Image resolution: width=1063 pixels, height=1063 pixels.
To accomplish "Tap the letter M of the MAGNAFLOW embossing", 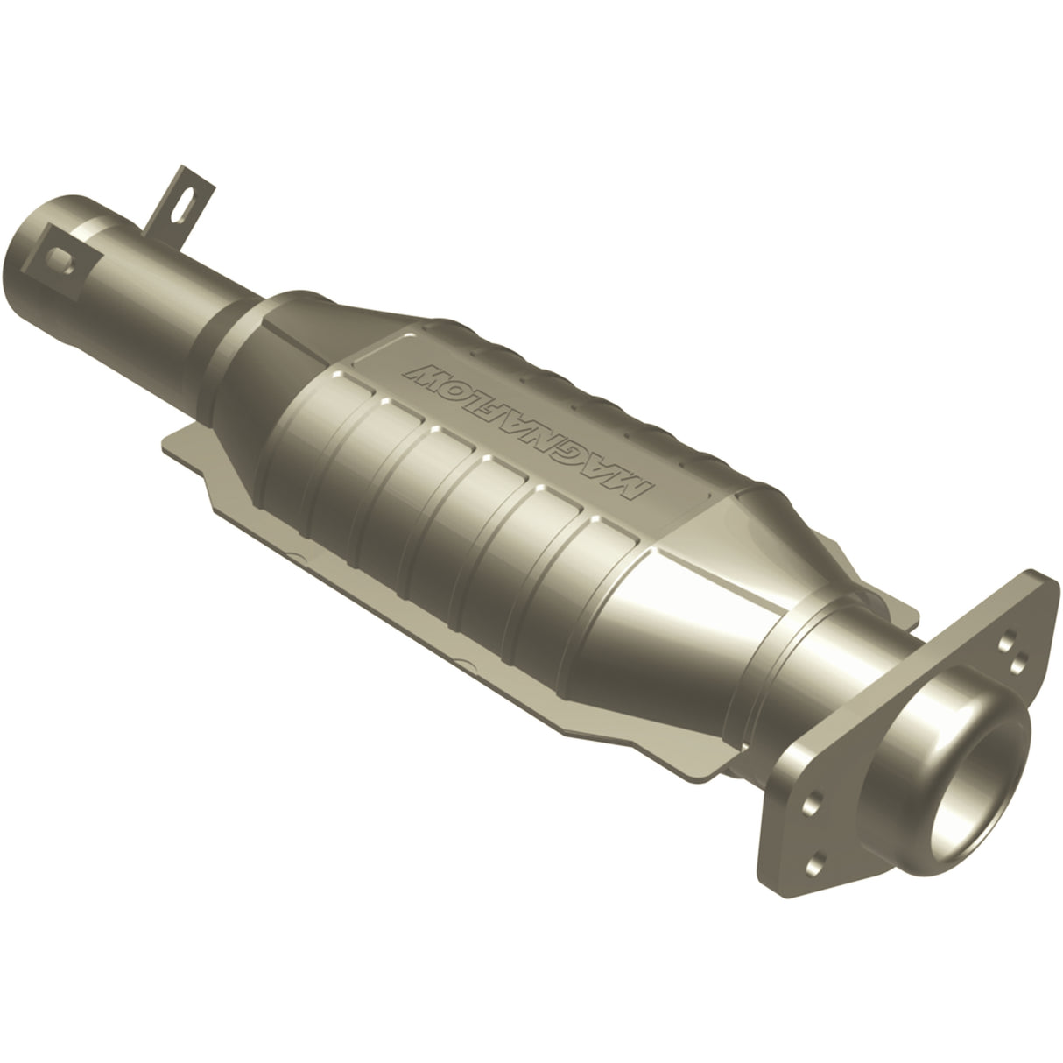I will coord(638,487).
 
